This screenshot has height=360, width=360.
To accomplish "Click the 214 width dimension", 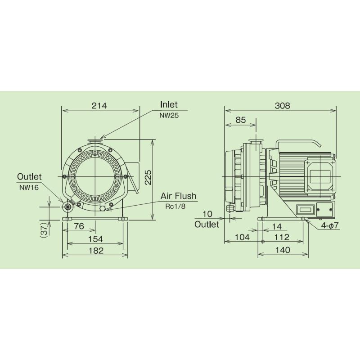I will coord(99,106).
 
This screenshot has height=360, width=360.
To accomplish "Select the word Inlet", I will coord(169,105).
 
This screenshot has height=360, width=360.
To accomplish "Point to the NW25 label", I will coord(169,115).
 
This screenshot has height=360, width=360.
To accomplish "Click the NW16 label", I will coord(28,187).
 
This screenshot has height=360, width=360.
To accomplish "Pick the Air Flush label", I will coord(179,196).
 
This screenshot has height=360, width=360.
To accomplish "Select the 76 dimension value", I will coord(79,227).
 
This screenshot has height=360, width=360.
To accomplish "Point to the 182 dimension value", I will coord(96,251).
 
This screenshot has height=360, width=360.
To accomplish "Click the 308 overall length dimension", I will coord(282,106).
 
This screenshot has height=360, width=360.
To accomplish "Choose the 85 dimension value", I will coord(241,120).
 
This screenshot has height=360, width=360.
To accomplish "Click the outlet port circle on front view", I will coord(68,207).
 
